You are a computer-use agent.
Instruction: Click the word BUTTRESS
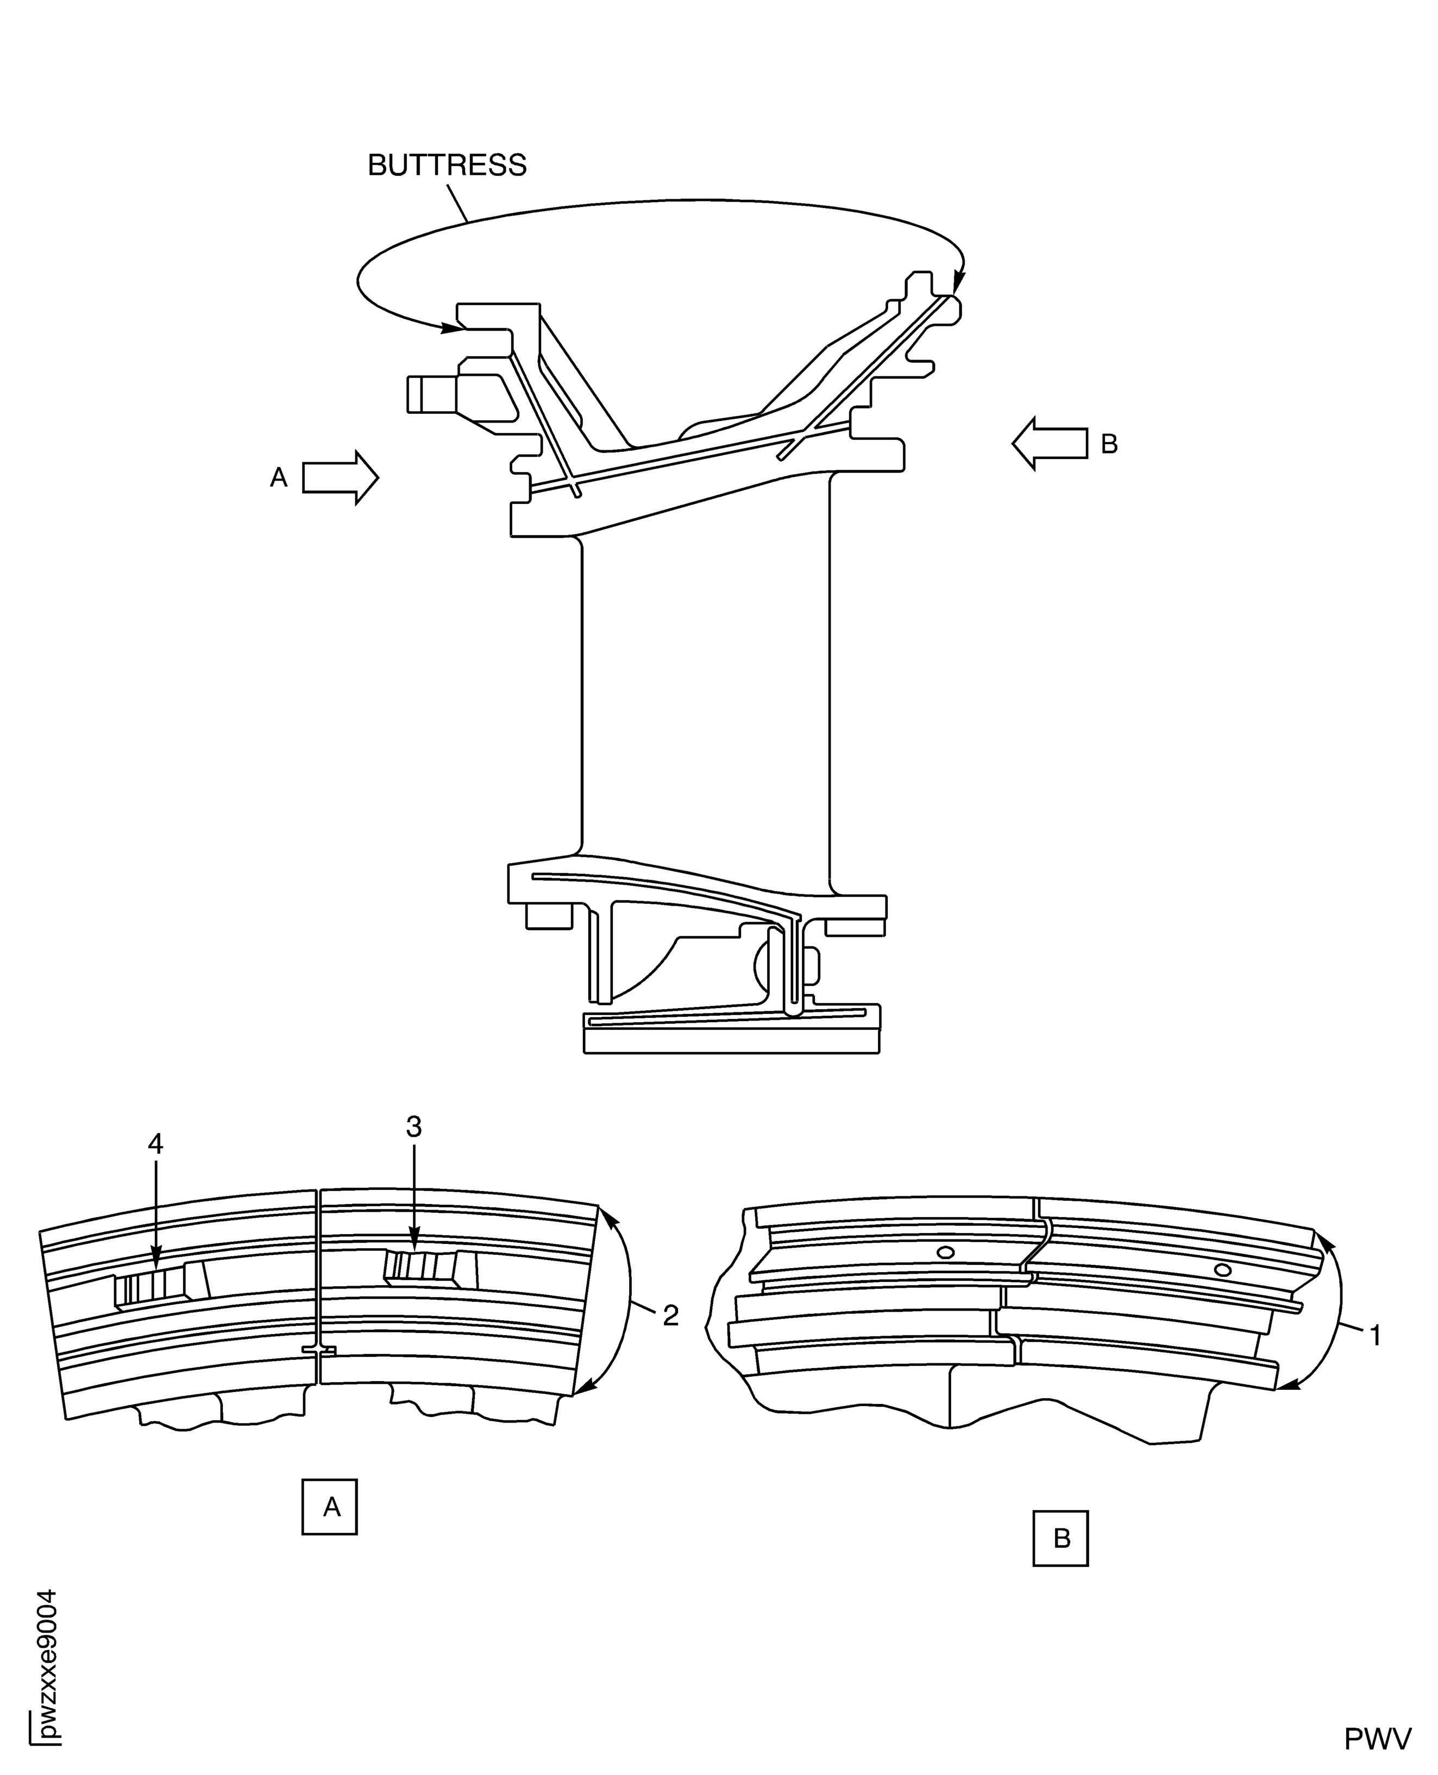click(447, 166)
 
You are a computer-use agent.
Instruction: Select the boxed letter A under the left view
click(330, 1507)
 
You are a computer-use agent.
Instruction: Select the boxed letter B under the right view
click(1060, 1538)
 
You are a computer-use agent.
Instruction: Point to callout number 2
click(671, 1315)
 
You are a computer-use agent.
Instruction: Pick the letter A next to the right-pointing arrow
click(279, 477)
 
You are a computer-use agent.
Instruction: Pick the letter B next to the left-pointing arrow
click(1109, 445)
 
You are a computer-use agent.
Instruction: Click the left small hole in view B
click(944, 1252)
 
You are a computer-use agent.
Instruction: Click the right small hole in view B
click(1221, 1270)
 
